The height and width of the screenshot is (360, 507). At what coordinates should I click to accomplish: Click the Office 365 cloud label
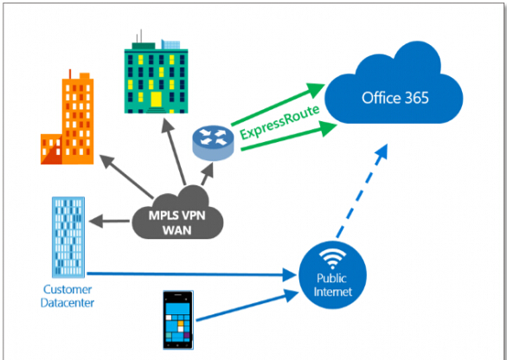pos(395,98)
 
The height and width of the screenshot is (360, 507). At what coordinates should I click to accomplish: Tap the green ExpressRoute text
pos(280,122)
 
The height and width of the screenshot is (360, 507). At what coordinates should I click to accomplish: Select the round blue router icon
pos(213,143)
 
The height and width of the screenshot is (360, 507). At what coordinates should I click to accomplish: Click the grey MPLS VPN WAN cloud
pos(177,214)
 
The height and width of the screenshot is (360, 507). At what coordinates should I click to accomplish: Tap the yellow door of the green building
pos(157,100)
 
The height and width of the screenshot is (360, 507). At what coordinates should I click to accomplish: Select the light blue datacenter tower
pos(68,237)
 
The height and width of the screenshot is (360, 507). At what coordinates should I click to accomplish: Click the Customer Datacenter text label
pos(67,296)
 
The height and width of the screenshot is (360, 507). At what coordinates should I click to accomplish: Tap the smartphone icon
pos(178,320)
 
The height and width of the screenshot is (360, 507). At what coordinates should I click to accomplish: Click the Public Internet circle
pos(332,275)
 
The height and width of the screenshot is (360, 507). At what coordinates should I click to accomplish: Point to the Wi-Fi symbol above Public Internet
pos(332,260)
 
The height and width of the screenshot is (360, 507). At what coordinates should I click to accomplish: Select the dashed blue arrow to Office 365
pos(362,191)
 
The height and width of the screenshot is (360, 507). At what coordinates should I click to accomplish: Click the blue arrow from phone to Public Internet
pos(247,305)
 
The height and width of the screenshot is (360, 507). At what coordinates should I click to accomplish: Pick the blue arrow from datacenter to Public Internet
pos(192,274)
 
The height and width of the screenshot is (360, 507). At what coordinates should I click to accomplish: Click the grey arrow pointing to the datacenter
pos(109,222)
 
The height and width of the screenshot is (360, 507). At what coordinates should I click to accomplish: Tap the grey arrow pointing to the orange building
pos(126,177)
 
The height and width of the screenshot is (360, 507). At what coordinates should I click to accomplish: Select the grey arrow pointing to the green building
pos(173,151)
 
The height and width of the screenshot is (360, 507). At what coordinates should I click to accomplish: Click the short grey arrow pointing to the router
pos(208,174)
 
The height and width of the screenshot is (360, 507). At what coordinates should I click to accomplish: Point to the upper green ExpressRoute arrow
pos(278,104)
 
